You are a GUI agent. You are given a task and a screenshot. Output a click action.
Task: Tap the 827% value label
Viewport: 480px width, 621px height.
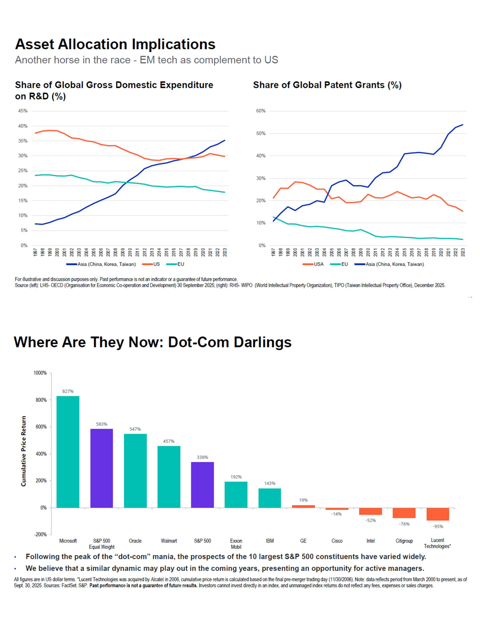[68, 391]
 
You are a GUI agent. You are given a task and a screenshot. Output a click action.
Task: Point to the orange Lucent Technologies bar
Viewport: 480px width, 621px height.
[438, 514]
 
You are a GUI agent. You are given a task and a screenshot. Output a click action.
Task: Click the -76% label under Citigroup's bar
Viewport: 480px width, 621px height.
[404, 524]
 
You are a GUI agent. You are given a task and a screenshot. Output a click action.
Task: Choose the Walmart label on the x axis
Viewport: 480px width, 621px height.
[169, 541]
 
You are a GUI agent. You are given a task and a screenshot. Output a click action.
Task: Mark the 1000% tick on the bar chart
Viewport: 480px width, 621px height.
[40, 373]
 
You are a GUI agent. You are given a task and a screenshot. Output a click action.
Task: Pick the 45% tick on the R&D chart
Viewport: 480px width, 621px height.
[23, 111]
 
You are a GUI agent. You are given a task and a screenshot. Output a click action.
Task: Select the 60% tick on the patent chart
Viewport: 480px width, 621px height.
[261, 111]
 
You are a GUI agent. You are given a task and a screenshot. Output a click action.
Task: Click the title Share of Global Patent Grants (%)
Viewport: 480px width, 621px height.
[327, 85]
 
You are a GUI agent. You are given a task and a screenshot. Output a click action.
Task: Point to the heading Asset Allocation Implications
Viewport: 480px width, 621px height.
[115, 44]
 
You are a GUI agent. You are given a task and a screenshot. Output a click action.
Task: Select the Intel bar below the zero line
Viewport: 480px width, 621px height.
[371, 511]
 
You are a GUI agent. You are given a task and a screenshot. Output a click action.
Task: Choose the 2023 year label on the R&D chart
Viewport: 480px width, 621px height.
[225, 252]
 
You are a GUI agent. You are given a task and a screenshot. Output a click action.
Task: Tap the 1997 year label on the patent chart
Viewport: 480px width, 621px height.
[273, 252]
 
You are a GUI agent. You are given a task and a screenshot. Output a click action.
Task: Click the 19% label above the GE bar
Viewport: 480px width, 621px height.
[303, 500]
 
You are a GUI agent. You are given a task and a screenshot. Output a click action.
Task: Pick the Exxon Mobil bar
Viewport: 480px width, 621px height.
[236, 495]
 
